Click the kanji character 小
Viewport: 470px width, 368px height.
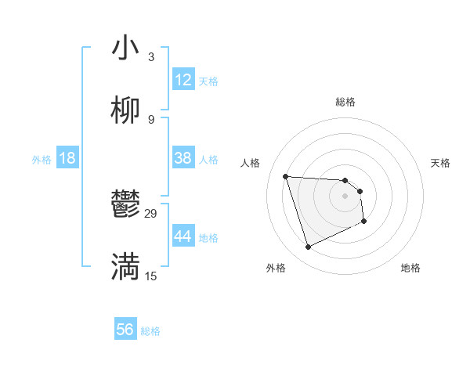click(126, 49)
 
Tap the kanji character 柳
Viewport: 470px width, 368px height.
click(126, 111)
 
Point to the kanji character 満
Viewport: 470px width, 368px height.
click(126, 267)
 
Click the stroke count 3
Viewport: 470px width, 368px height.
click(150, 57)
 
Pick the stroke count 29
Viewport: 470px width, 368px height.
click(151, 214)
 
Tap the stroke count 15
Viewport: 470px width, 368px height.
click(151, 276)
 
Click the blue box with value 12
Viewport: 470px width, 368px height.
click(183, 80)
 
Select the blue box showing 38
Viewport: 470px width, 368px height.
click(183, 158)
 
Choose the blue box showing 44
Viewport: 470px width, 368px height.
click(183, 236)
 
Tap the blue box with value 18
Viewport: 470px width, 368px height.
click(67, 158)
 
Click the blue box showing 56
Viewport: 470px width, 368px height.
click(125, 330)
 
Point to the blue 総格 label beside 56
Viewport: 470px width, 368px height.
click(150, 331)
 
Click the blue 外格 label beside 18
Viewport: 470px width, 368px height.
click(42, 160)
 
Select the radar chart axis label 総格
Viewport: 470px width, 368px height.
click(345, 102)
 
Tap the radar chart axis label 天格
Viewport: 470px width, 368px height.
click(440, 163)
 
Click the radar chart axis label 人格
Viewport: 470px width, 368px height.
click(251, 163)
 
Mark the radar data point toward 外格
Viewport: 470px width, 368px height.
click(308, 247)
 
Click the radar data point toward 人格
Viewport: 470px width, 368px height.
click(286, 176)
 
